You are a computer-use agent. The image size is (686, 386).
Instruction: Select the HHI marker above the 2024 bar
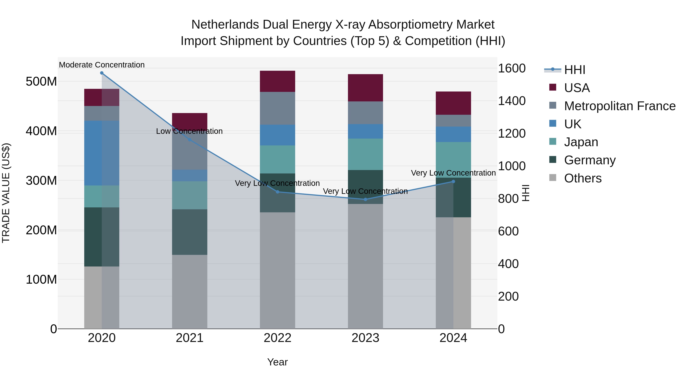point(453,182)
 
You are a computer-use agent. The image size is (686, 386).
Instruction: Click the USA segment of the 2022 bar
point(277,81)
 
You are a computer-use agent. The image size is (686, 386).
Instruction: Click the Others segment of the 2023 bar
point(365,266)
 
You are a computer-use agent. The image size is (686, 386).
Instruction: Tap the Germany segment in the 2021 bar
point(190,232)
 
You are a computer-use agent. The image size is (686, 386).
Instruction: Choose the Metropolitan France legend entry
point(619,106)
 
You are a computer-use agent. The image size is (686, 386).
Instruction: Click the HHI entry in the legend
point(574,70)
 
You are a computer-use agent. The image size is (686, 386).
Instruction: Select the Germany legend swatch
point(553,160)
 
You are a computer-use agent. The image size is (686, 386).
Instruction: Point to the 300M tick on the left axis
point(41,181)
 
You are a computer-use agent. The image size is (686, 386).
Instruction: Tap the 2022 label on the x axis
point(277,338)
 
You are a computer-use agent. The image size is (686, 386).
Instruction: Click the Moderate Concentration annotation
point(102,65)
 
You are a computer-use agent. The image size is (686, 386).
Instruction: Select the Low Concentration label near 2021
point(189,131)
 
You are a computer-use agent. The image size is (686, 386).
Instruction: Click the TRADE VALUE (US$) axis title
point(6,193)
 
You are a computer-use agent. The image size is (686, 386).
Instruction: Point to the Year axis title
point(277,362)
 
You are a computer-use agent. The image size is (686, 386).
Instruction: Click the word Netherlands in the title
point(225,25)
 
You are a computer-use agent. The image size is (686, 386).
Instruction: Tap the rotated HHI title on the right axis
point(525,193)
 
